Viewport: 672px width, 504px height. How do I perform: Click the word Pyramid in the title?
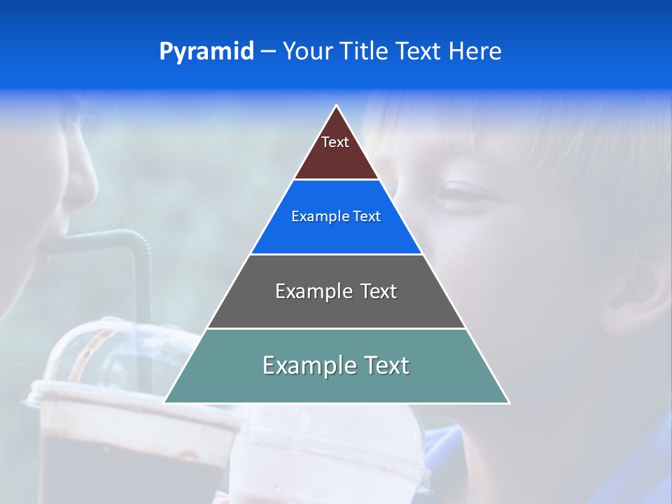pyautogui.click(x=206, y=52)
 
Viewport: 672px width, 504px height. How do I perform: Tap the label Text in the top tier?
pyautogui.click(x=335, y=142)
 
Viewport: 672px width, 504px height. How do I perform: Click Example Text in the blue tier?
pyautogui.click(x=336, y=216)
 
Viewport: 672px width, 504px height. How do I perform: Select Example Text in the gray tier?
pyautogui.click(x=336, y=291)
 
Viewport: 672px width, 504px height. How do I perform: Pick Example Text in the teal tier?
pyautogui.click(x=336, y=365)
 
